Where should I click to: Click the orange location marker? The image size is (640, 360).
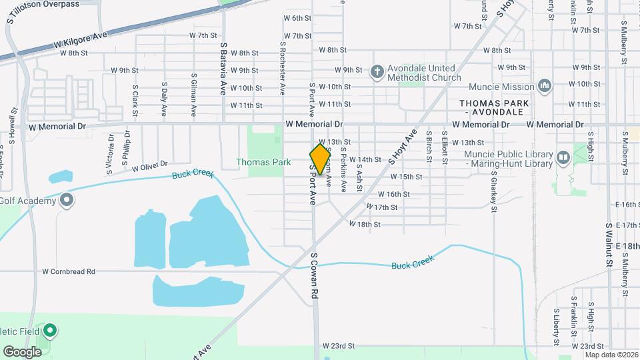click(x=320, y=159)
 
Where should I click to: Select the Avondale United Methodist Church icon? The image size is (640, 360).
click(x=377, y=72)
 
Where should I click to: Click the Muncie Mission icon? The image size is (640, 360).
click(x=545, y=86)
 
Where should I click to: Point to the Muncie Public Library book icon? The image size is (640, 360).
click(x=563, y=158)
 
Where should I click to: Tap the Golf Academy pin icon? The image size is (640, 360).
click(x=66, y=199)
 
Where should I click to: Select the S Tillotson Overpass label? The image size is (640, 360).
click(x=43, y=4)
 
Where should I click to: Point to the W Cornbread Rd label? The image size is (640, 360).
click(x=69, y=271)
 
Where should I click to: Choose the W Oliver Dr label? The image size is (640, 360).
click(x=149, y=167)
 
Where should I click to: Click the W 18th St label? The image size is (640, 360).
click(x=365, y=225)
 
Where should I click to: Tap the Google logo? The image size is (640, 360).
click(x=22, y=351)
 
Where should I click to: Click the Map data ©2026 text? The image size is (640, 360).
click(x=611, y=354)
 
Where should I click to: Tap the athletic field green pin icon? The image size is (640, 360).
click(x=50, y=330)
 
